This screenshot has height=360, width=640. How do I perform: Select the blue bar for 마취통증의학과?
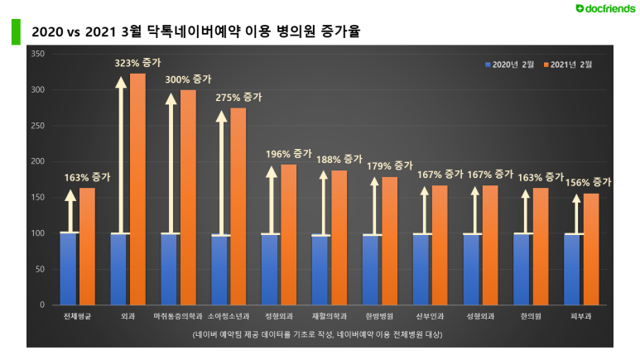pyautogui.click(x=170, y=269)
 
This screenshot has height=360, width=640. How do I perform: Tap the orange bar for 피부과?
pyautogui.click(x=590, y=249)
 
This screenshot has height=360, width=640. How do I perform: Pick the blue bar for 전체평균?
pyautogui.click(x=70, y=268)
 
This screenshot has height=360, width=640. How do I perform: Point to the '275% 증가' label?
pyautogui.click(x=238, y=97)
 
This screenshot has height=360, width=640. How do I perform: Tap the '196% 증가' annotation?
pyautogui.click(x=289, y=153)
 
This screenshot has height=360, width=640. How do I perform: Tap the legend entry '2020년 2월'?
pyautogui.click(x=508, y=64)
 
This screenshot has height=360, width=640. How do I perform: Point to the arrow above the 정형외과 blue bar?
pyautogui.click(x=271, y=199)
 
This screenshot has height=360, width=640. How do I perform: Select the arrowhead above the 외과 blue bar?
pyautogui.click(x=120, y=82)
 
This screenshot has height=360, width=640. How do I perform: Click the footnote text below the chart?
pyautogui.click(x=317, y=335)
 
